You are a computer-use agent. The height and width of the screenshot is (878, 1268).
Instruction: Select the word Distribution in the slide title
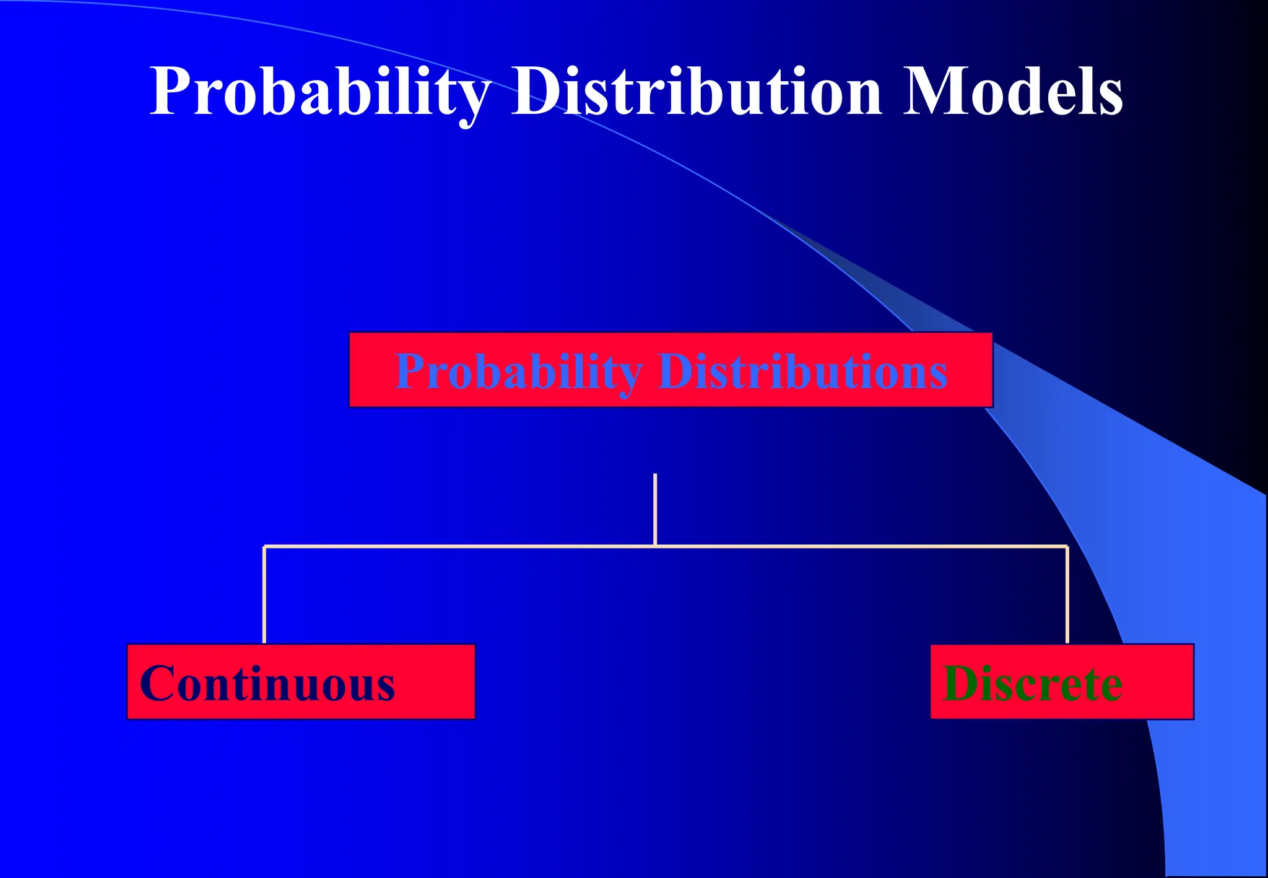[x=696, y=92]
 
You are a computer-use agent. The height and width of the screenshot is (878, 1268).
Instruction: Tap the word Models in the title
[x=1012, y=92]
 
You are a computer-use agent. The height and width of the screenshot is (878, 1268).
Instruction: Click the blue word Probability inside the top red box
[x=518, y=372]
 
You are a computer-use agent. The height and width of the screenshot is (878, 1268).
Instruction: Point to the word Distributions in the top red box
[x=802, y=372]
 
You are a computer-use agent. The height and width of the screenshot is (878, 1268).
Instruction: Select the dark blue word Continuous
[x=267, y=684]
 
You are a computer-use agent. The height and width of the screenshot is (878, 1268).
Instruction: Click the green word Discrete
[x=1031, y=684]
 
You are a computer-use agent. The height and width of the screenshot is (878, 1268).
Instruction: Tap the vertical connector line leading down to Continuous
[x=264, y=594]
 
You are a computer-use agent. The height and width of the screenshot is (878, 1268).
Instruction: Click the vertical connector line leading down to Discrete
[x=1067, y=594]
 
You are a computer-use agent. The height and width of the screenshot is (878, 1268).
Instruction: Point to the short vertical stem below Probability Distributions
[x=655, y=508]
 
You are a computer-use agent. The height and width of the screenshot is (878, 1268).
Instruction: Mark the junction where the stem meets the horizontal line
[x=655, y=546]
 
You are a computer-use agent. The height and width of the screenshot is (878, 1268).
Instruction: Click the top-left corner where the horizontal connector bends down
[x=264, y=546]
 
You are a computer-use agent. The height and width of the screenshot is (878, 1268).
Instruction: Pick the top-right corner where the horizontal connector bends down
[x=1067, y=546]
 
